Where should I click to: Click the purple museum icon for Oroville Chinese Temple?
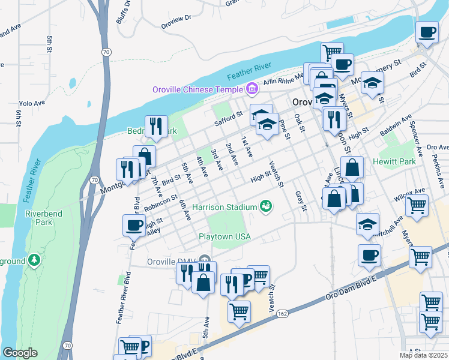pos(252,90)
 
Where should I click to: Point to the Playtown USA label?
pos(224,236)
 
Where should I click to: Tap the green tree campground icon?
pos(35,260)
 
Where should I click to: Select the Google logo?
pos(20,353)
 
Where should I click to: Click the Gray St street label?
pos(301,201)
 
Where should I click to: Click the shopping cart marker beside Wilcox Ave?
pos(417,206)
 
